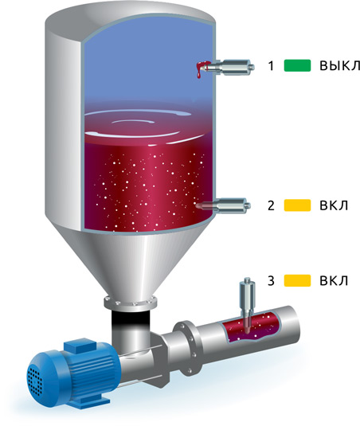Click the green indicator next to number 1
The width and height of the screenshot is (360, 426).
[x=297, y=65]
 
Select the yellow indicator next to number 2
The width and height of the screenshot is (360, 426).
[x=297, y=205]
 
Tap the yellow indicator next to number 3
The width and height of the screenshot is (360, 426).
[x=297, y=280]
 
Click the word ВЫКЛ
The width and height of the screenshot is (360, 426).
[x=339, y=65]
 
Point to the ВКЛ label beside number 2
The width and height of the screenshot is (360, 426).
[x=334, y=205]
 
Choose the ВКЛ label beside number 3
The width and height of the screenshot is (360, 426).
[x=334, y=280]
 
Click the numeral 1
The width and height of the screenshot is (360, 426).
[x=271, y=66]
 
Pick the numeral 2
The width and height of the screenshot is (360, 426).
[x=271, y=205]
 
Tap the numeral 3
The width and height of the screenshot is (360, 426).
[x=271, y=281]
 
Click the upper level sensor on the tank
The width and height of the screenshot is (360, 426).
[x=229, y=67]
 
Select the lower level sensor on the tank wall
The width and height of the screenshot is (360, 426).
[x=223, y=205]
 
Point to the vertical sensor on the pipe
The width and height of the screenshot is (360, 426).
[x=247, y=304]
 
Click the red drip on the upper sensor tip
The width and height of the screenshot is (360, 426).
[x=202, y=68]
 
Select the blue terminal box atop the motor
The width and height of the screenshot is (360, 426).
[x=80, y=346]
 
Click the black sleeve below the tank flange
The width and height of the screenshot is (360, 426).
[x=131, y=320]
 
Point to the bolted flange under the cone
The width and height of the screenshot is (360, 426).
[x=131, y=303]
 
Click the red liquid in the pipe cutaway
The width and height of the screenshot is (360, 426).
[x=251, y=326]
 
